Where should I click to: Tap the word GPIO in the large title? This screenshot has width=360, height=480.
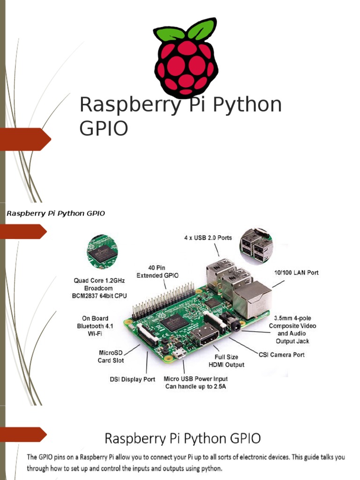pos(104,128)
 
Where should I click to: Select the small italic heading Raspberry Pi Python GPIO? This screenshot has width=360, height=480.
pos(55,213)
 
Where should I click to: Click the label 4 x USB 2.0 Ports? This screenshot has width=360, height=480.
pos(208,238)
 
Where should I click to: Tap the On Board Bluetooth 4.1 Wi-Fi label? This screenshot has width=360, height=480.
pos(93,326)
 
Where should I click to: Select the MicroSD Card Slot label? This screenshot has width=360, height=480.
pos(111,356)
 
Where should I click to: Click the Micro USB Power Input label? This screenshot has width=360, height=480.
pos(195,382)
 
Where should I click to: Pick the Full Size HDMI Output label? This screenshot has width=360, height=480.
pos(227,360)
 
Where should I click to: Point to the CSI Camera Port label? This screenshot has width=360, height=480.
pos(281,355)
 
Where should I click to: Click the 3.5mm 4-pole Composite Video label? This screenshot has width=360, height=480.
pos(292,330)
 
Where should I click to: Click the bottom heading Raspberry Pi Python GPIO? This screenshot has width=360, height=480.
pos(182,439)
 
